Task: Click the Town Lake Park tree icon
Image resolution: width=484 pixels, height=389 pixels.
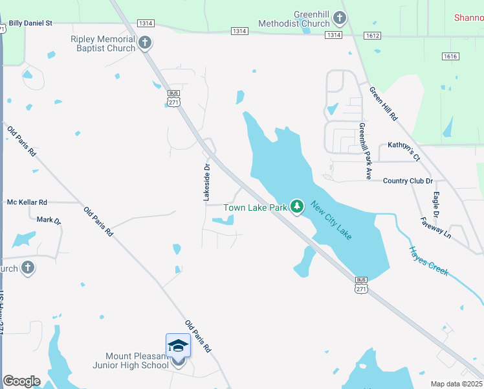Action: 297,207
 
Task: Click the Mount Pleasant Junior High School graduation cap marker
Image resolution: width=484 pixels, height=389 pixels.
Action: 178,348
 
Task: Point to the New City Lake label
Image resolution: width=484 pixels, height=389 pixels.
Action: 331,220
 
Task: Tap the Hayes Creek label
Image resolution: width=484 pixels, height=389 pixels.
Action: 428,262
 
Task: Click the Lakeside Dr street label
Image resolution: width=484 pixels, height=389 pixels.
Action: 207,182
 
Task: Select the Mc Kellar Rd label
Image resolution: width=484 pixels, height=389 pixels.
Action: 27,202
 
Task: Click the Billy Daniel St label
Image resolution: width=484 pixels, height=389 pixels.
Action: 30,23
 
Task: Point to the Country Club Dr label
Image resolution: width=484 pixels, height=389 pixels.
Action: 408,181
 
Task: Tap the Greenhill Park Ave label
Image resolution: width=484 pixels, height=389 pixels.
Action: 366,151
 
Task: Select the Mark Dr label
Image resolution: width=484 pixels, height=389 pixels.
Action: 49,220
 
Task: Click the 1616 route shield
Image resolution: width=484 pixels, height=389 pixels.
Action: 450,56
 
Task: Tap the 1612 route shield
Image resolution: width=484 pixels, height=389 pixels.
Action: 372,36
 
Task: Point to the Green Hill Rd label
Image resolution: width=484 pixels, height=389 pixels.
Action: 383,103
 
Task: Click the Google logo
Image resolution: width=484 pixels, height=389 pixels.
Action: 21,381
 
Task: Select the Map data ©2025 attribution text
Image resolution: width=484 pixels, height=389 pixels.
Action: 456,383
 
